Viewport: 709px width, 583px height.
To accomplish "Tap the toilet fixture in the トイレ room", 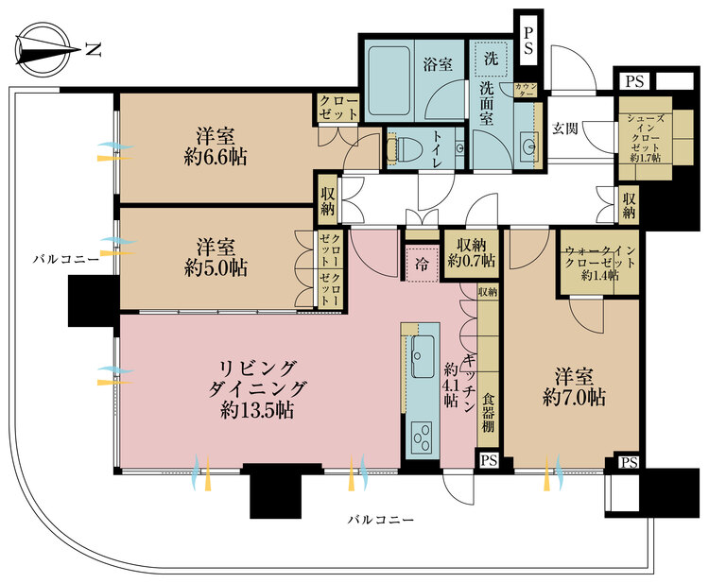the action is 405,147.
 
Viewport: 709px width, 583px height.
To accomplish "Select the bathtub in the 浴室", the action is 388,81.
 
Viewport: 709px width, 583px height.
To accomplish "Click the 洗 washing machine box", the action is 491,59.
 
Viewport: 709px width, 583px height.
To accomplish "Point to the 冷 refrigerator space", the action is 422,265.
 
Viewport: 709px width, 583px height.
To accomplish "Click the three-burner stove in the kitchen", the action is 422,437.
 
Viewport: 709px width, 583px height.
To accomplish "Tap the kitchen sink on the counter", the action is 423,356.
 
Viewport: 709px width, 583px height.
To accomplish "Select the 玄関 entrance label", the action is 565,129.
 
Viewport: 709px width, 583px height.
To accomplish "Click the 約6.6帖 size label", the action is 216,158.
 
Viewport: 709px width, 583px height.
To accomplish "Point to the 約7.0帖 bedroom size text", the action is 574,398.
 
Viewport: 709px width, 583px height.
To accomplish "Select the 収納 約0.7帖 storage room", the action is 471,253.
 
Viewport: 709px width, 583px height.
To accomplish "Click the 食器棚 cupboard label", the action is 488,413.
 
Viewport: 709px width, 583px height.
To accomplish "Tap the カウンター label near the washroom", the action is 526,90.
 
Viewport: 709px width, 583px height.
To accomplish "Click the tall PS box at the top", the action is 527,41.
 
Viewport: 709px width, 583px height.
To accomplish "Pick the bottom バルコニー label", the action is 381,520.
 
